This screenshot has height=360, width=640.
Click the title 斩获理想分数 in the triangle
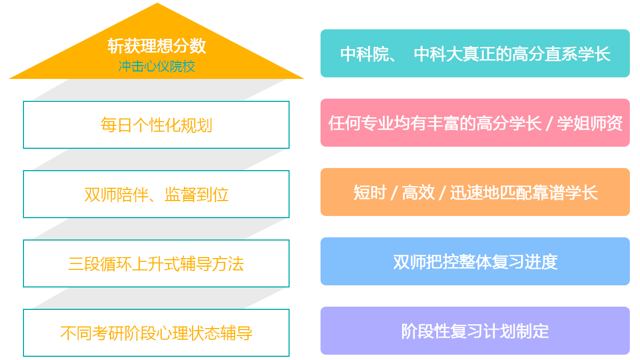pyautogui.click(x=157, y=46)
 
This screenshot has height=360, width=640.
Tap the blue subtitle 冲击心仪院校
pyautogui.click(x=157, y=67)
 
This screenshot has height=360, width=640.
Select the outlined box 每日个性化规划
pyautogui.click(x=156, y=125)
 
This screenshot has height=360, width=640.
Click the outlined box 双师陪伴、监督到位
pyautogui.click(x=156, y=194)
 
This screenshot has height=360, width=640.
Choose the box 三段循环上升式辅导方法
pyautogui.click(x=156, y=263)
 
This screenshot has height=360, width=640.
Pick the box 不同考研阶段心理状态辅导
pyautogui.click(x=156, y=333)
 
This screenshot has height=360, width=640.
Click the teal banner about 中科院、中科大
pyautogui.click(x=475, y=53)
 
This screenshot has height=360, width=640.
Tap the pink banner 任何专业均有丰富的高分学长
pyautogui.click(x=475, y=123)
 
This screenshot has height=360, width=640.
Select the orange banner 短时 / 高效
pyautogui.click(x=475, y=192)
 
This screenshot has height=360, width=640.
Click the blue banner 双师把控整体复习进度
pyautogui.click(x=475, y=261)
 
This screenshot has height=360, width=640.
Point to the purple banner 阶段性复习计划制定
pyautogui.click(x=475, y=331)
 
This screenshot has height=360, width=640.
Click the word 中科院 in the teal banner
pyautogui.click(x=365, y=54)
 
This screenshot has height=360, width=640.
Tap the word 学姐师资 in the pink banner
pyautogui.click(x=590, y=123)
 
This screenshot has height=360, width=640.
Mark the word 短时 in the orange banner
pyautogui.click(x=370, y=193)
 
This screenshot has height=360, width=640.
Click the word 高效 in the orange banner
pyautogui.click(x=418, y=193)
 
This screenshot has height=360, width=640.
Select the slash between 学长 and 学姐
pyautogui.click(x=549, y=124)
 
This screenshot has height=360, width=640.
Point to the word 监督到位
pyautogui.click(x=197, y=195)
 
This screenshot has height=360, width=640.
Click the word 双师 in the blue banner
pyautogui.click(x=410, y=262)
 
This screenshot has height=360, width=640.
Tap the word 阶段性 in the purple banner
pyautogui.click(x=426, y=331)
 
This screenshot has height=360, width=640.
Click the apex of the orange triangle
pyautogui.click(x=157, y=3)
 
